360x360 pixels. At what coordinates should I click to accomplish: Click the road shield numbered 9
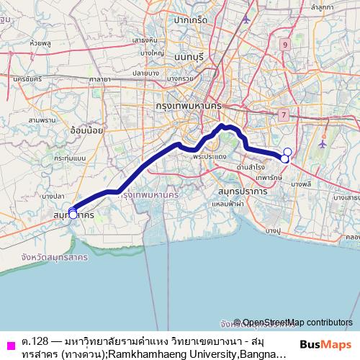pos(286,45)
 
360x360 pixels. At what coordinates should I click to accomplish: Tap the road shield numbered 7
pos(284,114)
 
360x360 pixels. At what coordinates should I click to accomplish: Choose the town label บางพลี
pos(301,185)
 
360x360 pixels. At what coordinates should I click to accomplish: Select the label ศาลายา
pos(99,78)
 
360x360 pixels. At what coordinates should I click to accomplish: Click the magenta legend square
pos(9,341)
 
